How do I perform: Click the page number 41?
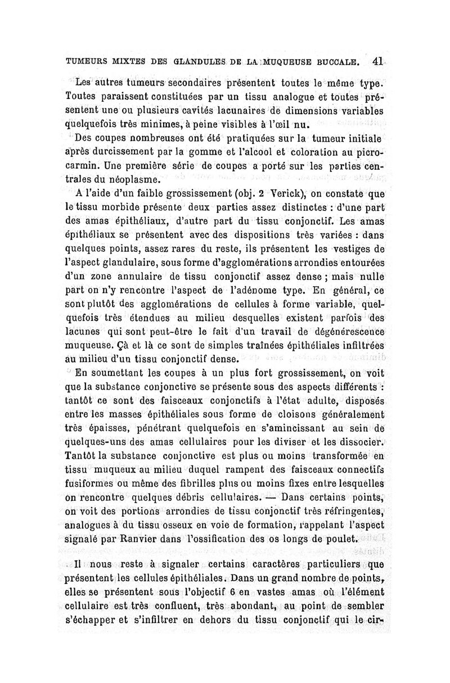pos(377,61)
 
